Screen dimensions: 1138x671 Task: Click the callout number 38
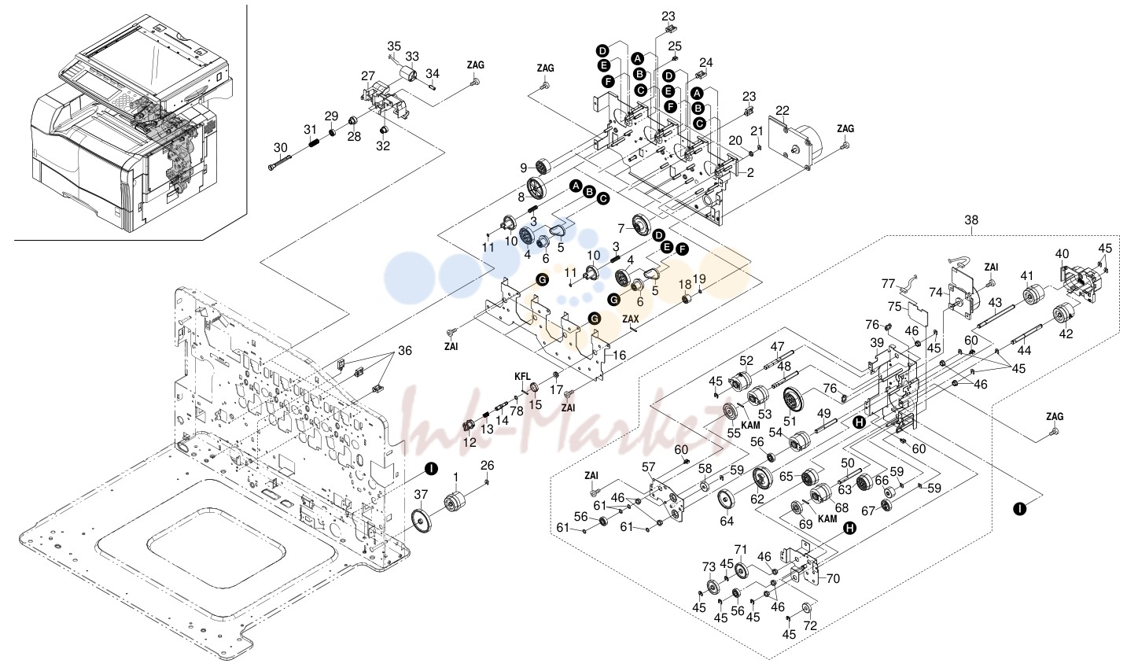click(x=971, y=220)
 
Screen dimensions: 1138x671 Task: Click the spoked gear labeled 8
click(x=536, y=189)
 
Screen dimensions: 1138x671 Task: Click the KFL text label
click(x=522, y=376)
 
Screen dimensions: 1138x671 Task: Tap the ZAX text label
click(x=631, y=319)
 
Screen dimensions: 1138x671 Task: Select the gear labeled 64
click(x=727, y=500)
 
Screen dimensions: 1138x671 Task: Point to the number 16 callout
click(x=619, y=356)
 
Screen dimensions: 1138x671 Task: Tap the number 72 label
click(x=810, y=625)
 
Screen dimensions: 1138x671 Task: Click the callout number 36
click(x=405, y=350)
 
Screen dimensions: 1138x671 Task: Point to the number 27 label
click(x=368, y=76)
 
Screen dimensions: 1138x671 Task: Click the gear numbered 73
click(x=713, y=588)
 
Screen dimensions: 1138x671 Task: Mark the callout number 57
click(x=649, y=466)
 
